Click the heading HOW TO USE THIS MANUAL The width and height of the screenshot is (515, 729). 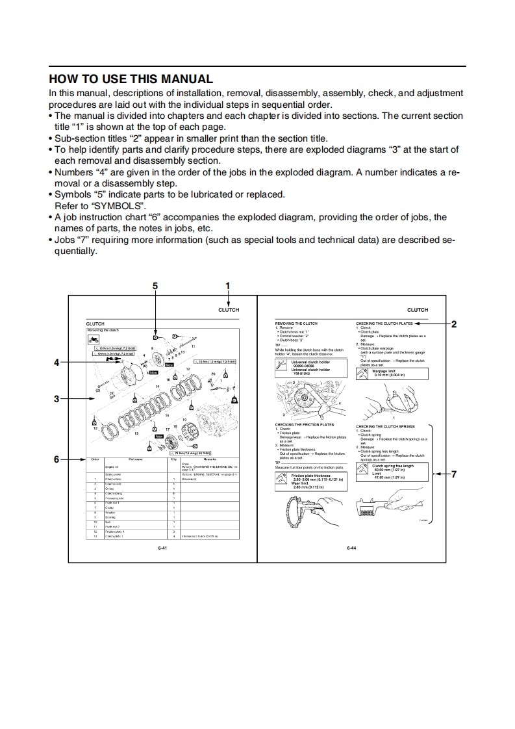[131, 79]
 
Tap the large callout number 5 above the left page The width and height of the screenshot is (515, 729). [155, 286]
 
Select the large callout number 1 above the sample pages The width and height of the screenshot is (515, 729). [228, 286]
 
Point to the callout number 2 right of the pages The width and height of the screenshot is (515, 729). [454, 324]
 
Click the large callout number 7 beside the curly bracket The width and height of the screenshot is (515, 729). [454, 474]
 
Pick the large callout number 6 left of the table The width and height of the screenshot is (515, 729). [57, 459]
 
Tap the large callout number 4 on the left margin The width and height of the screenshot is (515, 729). [57, 362]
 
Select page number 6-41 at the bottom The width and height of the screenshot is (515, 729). [163, 549]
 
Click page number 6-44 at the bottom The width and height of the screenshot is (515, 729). [351, 549]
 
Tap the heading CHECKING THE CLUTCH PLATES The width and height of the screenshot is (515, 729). [384, 323]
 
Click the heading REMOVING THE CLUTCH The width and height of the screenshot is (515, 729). [296, 323]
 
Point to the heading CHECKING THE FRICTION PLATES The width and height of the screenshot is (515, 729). [304, 425]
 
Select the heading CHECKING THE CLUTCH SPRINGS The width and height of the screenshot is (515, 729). [385, 427]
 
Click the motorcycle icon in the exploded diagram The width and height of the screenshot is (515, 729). [94, 340]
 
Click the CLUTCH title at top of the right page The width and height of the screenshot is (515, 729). [418, 311]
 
